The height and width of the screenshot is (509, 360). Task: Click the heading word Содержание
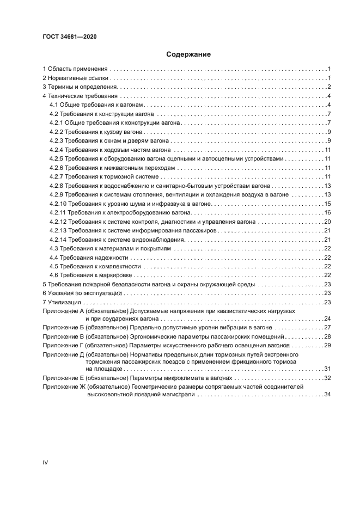[x=180, y=54]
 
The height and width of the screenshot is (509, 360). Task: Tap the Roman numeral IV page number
[x=46, y=462]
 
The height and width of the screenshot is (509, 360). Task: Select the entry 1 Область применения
[x=75, y=69]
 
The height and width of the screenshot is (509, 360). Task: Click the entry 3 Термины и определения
[x=80, y=87]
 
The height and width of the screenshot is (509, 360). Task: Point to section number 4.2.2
[x=57, y=132]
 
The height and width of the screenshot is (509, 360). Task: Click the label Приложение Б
[x=62, y=328]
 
